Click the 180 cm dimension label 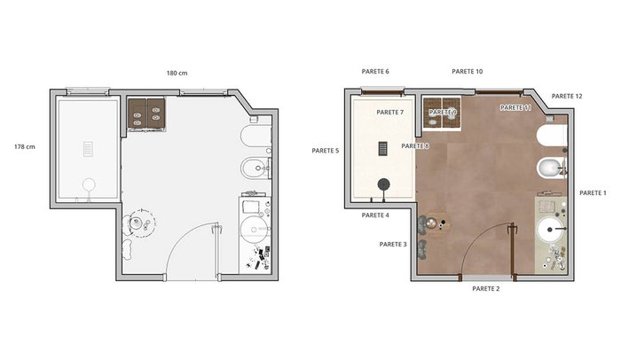177,73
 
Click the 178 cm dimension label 25,146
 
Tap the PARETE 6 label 375,71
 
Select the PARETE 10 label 468,71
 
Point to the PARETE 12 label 567,96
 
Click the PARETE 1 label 593,193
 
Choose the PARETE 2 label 485,289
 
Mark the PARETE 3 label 393,245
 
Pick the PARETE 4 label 375,215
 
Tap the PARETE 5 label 326,151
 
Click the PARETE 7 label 390,112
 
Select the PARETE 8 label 415,145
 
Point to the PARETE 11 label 515,107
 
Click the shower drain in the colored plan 383,148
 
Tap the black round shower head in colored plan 383,184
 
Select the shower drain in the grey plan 88,149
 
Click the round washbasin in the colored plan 550,230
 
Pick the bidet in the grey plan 255,168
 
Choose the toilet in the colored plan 552,136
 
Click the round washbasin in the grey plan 253,229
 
